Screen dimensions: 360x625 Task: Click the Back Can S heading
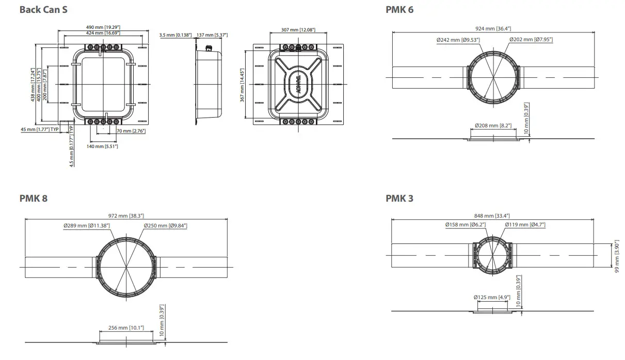43,9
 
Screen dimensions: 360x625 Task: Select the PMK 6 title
399,9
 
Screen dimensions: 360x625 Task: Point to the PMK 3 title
399,198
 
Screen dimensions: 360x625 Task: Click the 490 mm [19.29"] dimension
103,27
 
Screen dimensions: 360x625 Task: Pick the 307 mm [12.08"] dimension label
298,30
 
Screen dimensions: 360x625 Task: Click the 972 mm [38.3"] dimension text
126,216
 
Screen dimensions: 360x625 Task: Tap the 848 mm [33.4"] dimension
493,215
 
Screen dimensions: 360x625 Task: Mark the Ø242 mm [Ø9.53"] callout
458,40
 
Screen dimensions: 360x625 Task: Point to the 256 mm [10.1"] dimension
126,328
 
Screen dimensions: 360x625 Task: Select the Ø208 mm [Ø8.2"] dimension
492,125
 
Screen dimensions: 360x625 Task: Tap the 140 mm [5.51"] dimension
102,146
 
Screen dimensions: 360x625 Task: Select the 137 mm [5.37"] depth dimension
212,35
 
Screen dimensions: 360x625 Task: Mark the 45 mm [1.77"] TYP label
40,129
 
